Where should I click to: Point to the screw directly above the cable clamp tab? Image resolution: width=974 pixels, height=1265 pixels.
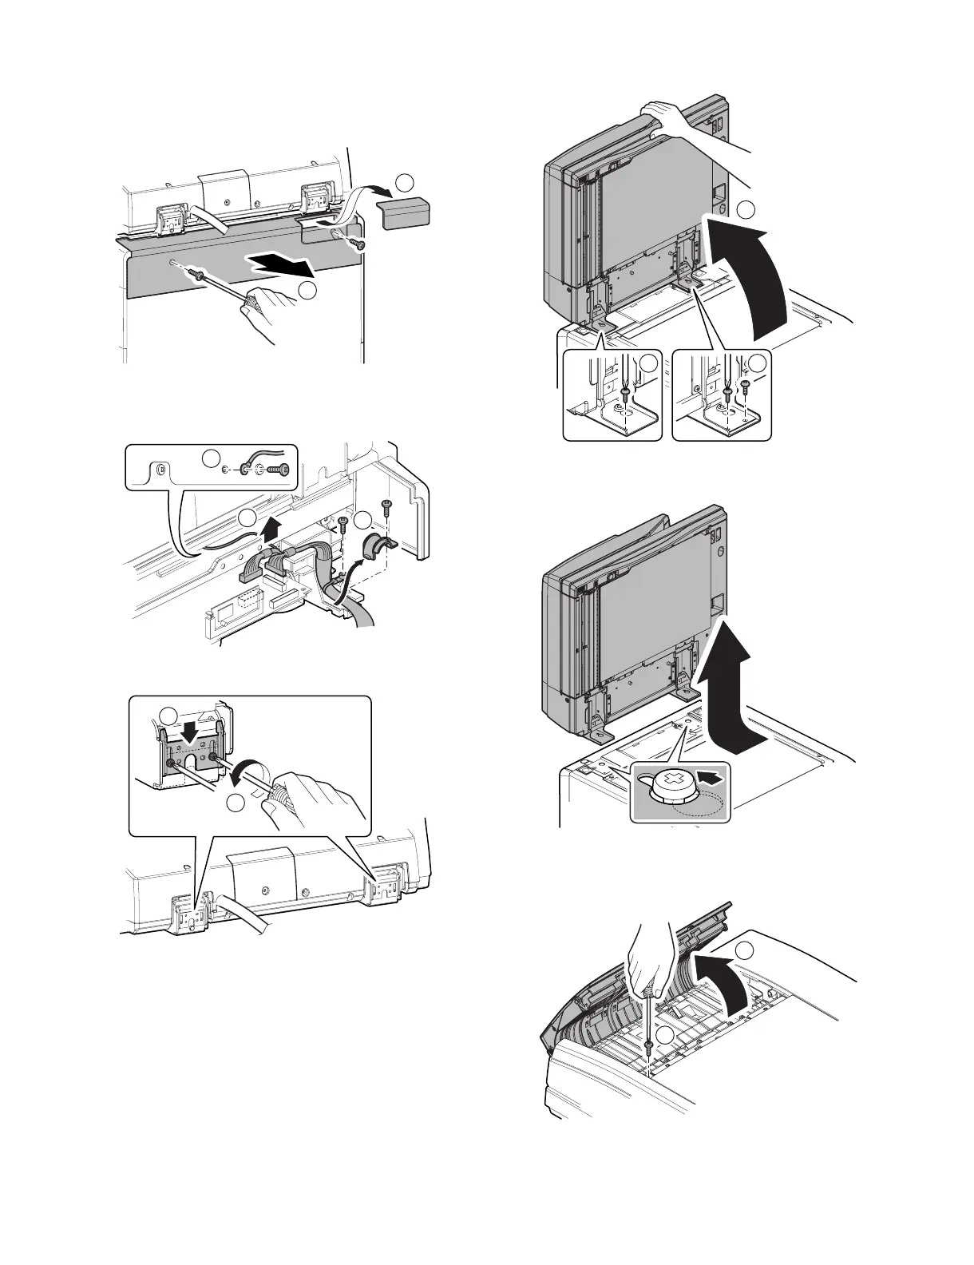(386, 505)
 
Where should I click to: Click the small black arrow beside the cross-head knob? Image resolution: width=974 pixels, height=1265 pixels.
(716, 775)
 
